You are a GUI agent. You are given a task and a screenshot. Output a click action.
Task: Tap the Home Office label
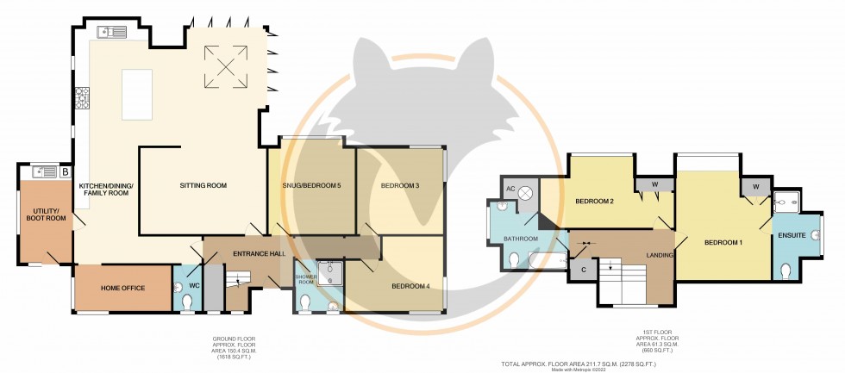[122, 289]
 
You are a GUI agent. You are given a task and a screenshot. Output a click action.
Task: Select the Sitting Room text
[203, 185]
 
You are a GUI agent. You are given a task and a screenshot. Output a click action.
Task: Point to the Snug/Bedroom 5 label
[311, 185]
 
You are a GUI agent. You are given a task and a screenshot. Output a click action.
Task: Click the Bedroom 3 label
[399, 185]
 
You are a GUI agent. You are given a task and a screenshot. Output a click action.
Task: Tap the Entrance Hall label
[235, 253]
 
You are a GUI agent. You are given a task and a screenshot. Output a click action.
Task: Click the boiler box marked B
[66, 172]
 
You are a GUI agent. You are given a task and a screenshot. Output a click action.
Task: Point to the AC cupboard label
[510, 189]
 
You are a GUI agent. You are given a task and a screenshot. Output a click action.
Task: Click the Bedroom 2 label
[593, 202]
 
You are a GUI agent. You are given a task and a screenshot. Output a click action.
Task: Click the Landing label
[661, 254]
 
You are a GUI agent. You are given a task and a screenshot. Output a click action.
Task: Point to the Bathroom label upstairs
[521, 239]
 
